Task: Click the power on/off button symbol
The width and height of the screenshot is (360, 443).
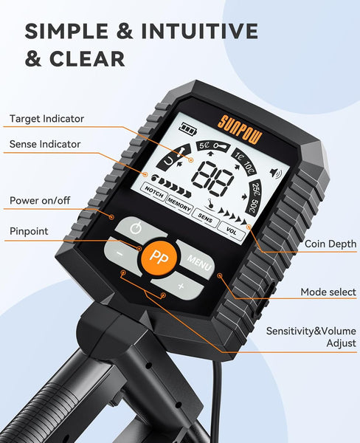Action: pyautogui.click(x=135, y=227)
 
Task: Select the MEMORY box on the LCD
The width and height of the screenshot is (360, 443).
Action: pyautogui.click(x=179, y=199)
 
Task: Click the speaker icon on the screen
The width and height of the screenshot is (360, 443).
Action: pyautogui.click(x=276, y=174)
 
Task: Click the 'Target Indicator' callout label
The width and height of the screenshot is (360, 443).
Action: pyautogui.click(x=47, y=118)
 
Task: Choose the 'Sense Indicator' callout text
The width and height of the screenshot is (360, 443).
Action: pyautogui.click(x=46, y=144)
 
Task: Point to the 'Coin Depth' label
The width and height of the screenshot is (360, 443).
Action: pyautogui.click(x=330, y=244)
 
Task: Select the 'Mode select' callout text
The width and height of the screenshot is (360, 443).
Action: pyautogui.click(x=328, y=292)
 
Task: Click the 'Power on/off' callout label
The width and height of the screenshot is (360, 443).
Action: pyautogui.click(x=40, y=201)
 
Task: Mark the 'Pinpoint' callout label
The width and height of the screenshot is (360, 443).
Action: pyautogui.click(x=30, y=231)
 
